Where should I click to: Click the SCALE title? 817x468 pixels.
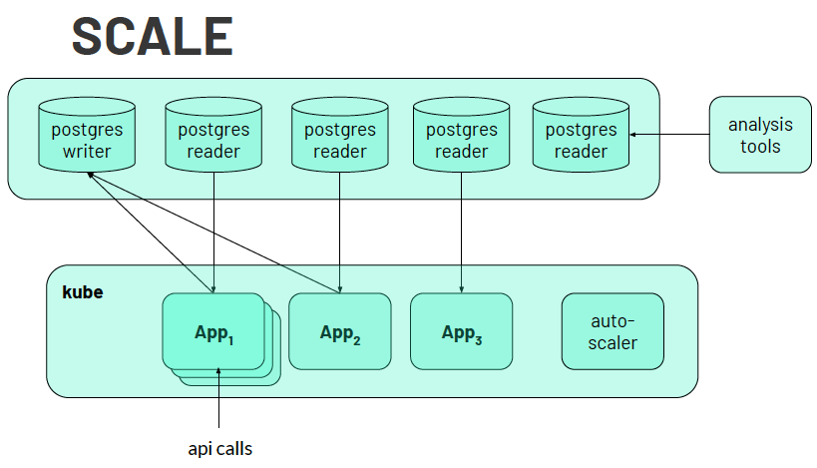click(x=152, y=37)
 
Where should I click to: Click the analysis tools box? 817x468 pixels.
click(x=760, y=135)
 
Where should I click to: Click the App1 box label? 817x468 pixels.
click(x=212, y=331)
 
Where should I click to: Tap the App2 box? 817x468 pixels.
click(x=339, y=332)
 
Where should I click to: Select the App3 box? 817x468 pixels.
click(x=461, y=332)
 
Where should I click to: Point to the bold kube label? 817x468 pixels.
click(x=83, y=292)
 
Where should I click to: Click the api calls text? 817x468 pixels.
click(x=219, y=448)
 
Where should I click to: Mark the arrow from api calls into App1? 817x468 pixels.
click(x=219, y=399)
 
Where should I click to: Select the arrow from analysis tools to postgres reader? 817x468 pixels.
click(x=668, y=135)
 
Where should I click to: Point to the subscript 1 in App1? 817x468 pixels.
click(x=230, y=339)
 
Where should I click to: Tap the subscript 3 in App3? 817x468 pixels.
click(x=478, y=340)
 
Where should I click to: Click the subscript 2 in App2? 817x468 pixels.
click(x=356, y=340)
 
